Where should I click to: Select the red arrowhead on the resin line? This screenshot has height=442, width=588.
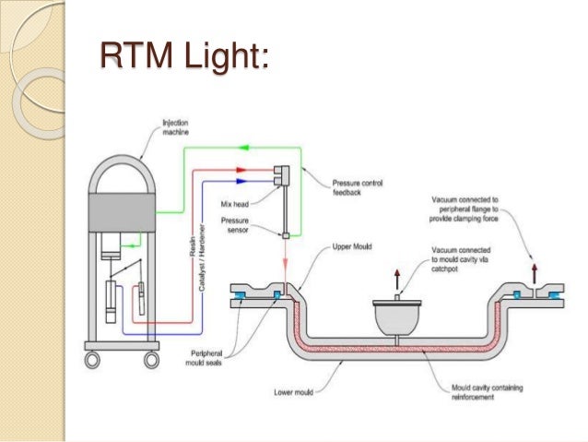click(241, 169)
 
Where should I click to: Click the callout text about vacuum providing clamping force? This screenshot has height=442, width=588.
click(482, 209)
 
